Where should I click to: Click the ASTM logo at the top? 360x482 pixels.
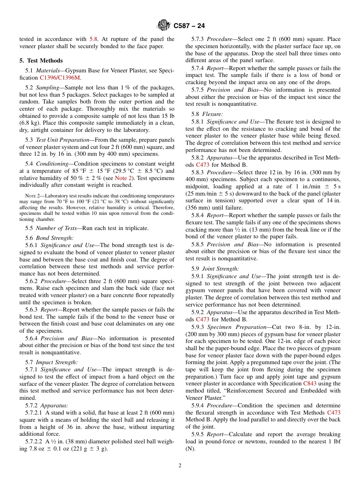(x=164, y=26)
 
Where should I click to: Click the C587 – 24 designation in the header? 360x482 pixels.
(x=189, y=26)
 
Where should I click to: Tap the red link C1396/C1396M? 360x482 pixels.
(x=60, y=78)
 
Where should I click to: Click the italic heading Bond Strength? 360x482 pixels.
(x=55, y=238)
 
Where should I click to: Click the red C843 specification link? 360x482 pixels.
(x=310, y=383)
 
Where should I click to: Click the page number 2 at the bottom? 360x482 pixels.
(x=180, y=466)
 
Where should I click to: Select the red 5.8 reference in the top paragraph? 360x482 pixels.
(x=94, y=39)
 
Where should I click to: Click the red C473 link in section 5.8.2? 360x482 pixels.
(x=202, y=165)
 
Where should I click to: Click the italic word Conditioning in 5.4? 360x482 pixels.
(x=52, y=163)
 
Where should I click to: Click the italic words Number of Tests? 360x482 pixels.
(x=56, y=228)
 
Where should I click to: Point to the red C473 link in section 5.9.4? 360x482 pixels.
(x=333, y=412)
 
